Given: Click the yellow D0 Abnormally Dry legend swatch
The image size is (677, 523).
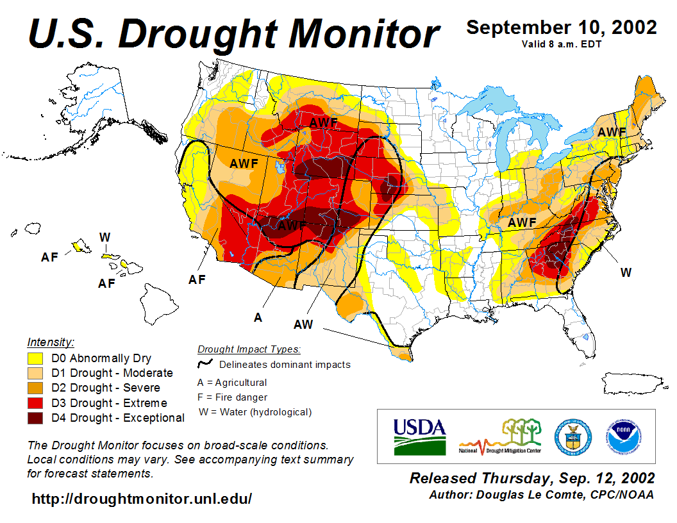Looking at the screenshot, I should [x=35, y=358].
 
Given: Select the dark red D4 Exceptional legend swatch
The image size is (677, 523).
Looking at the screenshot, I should [x=35, y=418].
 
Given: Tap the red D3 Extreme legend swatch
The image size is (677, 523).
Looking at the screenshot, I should [x=35, y=403].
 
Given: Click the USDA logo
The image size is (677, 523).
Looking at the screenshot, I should [x=419, y=436].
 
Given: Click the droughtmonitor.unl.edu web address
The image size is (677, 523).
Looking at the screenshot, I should [x=142, y=498].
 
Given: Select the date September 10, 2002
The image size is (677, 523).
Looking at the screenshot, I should [x=561, y=28].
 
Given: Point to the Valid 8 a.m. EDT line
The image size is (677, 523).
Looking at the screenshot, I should [x=561, y=44].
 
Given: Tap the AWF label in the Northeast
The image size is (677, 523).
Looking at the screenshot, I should [x=612, y=132].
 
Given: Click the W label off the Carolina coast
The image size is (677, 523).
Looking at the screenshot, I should [x=626, y=272].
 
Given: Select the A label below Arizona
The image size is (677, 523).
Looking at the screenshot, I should [x=258, y=317].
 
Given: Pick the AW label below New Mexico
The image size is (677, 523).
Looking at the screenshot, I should [x=303, y=324].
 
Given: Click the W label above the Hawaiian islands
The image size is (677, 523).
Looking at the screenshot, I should [x=104, y=237].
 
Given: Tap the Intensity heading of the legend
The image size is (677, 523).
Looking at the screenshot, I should [x=51, y=342].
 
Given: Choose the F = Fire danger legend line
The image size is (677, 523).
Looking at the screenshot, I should [x=232, y=397].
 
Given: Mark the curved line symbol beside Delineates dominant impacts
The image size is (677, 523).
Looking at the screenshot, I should [x=205, y=364].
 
